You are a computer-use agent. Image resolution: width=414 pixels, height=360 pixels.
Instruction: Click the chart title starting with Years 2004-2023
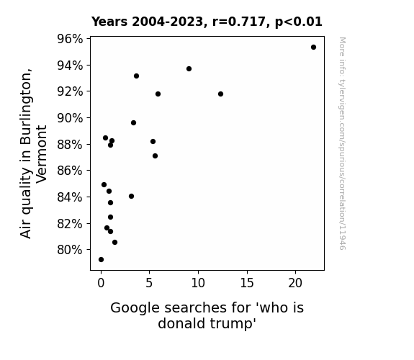[207, 22]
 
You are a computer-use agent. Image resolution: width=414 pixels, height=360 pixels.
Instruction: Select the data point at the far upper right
[313, 48]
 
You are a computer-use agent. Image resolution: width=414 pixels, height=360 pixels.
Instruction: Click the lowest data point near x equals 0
[101, 260]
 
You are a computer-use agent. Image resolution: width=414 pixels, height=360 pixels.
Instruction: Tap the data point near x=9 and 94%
[189, 68]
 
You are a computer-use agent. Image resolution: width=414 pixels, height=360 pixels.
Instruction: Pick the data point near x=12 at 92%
[220, 94]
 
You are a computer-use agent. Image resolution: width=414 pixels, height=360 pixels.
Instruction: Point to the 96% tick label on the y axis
[70, 39]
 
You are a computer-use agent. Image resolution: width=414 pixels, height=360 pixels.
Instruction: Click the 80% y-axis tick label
[70, 250]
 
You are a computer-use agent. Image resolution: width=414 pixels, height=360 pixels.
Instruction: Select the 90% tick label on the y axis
[70, 118]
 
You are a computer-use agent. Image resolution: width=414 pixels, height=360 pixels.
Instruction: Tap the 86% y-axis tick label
[70, 171]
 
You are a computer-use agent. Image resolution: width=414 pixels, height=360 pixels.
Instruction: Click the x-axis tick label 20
[295, 283]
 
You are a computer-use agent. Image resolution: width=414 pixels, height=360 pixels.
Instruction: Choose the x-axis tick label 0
[101, 283]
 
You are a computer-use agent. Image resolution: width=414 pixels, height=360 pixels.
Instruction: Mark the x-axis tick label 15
[247, 283]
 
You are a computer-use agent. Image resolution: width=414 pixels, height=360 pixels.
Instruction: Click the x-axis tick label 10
[198, 283]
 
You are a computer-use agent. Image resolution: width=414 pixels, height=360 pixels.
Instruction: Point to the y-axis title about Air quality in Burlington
[34, 153]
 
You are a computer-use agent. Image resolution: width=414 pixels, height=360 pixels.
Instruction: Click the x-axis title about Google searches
[207, 315]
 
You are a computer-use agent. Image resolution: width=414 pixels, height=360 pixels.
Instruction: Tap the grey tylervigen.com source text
[342, 143]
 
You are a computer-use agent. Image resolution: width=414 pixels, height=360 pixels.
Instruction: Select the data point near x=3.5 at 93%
[136, 76]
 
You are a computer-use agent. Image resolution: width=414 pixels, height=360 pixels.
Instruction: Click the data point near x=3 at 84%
[131, 197]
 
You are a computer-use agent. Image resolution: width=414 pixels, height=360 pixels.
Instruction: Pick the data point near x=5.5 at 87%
[155, 156]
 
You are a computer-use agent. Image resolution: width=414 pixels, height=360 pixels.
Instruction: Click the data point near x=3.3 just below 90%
[133, 123]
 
